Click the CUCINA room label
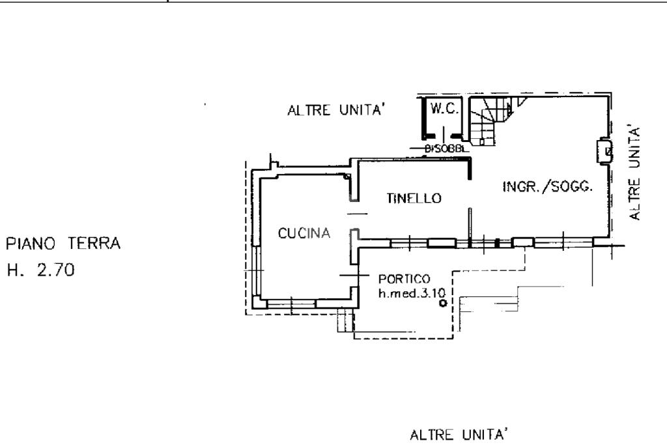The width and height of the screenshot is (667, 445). pyautogui.click(x=305, y=233)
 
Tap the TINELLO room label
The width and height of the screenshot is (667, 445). pyautogui.click(x=414, y=198)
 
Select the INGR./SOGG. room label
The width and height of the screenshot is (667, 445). pyautogui.click(x=547, y=186)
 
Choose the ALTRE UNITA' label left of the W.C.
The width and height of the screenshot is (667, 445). pyautogui.click(x=338, y=110)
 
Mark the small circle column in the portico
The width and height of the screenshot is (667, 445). pyautogui.click(x=443, y=303)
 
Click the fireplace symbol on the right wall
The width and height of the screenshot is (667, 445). pyautogui.click(x=604, y=152)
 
